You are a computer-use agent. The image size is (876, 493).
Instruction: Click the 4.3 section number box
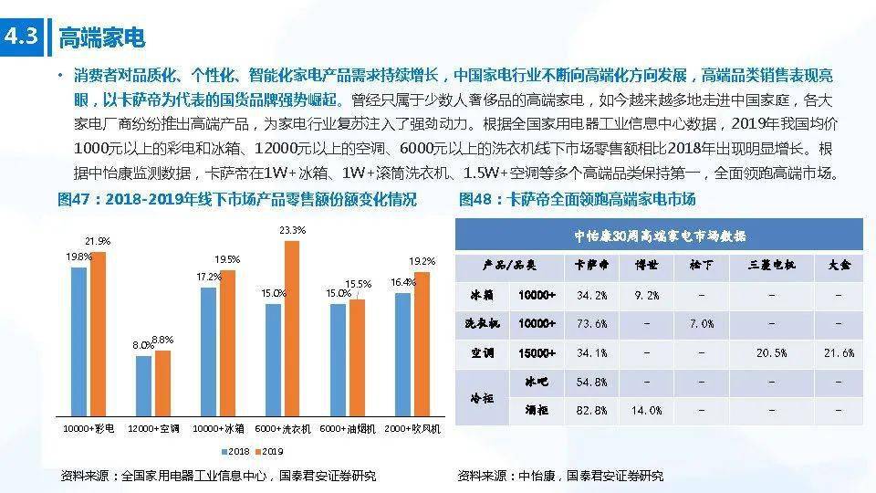(21, 37)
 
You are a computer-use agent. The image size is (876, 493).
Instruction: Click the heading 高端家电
(101, 38)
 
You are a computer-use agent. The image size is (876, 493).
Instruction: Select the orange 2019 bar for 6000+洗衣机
(292, 329)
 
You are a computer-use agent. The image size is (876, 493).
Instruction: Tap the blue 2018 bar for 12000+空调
(143, 386)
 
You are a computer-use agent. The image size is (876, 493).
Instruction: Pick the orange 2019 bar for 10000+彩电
(99, 334)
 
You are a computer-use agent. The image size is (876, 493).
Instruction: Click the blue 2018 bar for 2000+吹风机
(402, 355)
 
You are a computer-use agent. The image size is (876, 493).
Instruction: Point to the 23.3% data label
(293, 230)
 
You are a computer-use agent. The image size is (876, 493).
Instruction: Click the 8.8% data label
(162, 340)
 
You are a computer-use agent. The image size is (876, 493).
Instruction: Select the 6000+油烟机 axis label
(348, 429)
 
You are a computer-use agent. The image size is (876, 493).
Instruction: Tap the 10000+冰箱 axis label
(218, 429)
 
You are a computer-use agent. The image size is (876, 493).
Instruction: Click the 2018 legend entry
(235, 452)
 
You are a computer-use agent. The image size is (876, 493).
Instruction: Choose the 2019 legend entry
(269, 452)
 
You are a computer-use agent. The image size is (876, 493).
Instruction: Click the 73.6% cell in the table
(591, 323)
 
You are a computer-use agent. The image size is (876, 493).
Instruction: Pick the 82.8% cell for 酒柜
(591, 410)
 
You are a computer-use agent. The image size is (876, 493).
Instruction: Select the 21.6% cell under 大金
(839, 353)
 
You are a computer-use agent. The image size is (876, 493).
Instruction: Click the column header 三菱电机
(772, 265)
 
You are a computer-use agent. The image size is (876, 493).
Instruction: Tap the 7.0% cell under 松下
(702, 323)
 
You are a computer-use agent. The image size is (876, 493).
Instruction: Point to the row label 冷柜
(482, 398)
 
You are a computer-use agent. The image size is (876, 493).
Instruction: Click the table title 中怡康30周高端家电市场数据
(660, 236)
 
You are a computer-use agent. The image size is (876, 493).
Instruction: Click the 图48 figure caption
(577, 200)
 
